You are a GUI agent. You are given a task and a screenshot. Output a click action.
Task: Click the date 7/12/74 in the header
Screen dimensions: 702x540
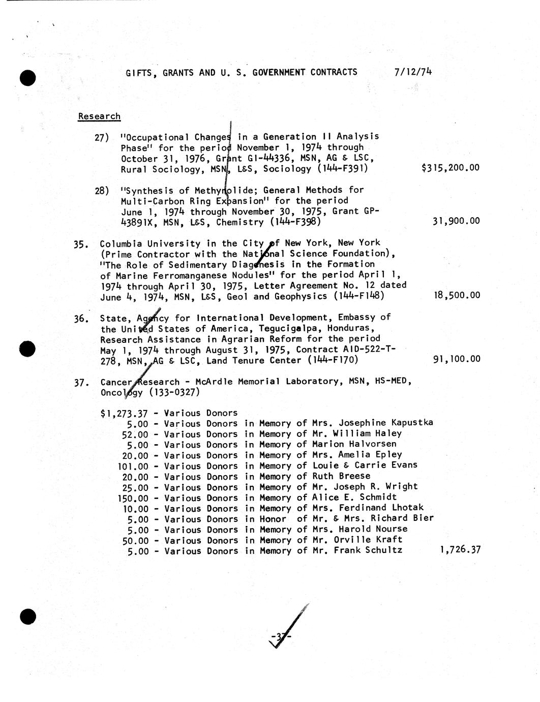pos(413,72)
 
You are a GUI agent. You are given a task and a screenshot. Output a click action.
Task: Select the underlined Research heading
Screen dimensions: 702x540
pos(99,116)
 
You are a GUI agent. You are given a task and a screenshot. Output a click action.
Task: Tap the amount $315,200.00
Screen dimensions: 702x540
pos(451,168)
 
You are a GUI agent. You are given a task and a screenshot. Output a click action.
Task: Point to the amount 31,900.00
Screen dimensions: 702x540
pos(456,221)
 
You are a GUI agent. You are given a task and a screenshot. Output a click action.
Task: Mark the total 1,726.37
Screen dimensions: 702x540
pos(460,550)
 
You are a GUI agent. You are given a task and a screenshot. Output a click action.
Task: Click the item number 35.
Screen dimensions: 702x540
pos(81,244)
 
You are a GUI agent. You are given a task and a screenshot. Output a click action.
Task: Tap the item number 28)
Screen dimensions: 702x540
pos(102,191)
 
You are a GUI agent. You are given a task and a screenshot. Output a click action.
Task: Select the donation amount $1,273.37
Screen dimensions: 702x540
pos(125,413)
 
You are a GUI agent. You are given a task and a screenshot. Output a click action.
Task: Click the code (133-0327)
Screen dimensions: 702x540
pos(174,393)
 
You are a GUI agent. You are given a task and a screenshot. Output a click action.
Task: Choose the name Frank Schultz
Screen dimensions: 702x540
pos(368,550)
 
